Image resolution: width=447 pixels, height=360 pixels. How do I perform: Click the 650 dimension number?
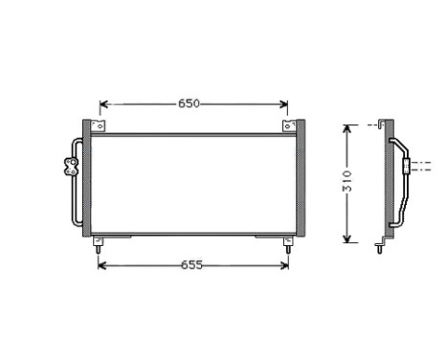point(189,103)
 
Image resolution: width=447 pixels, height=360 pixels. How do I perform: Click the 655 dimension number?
point(191,265)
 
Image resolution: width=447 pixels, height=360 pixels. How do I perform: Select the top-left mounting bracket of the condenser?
point(96,127)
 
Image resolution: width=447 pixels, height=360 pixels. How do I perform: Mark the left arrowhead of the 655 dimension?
point(103,265)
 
